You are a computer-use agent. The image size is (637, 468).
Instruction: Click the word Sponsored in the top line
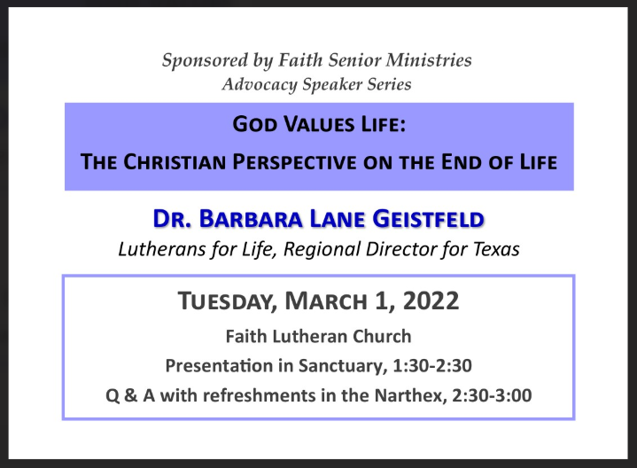pos(205,61)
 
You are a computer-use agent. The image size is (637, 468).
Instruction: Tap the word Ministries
pos(429,59)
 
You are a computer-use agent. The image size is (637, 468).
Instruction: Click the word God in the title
pos(255,124)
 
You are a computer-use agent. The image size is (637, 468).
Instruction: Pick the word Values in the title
pos(319,124)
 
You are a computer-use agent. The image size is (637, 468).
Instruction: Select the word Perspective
pos(294,162)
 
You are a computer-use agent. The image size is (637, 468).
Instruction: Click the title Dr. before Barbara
pos(172,219)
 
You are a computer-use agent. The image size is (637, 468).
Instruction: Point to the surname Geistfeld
pos(428,219)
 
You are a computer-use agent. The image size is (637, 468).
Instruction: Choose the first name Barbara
pos(251,219)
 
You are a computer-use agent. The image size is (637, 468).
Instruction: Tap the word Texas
pos(496,249)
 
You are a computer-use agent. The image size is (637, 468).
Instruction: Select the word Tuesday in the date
pos(228,301)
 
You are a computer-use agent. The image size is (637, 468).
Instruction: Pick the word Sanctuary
pos(343,366)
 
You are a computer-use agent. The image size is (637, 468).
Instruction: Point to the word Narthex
pos(411,395)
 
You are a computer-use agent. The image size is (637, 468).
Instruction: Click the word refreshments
pos(260,395)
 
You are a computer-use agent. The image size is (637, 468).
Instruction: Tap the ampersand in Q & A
pos(131,395)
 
